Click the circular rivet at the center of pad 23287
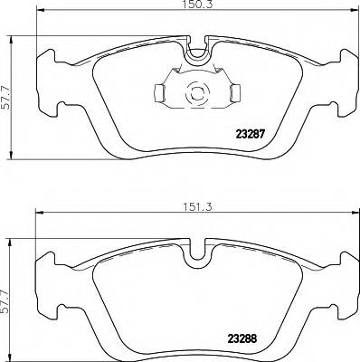pos(196,92)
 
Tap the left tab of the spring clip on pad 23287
pos(158,92)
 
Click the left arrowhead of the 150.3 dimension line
pos(40,16)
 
